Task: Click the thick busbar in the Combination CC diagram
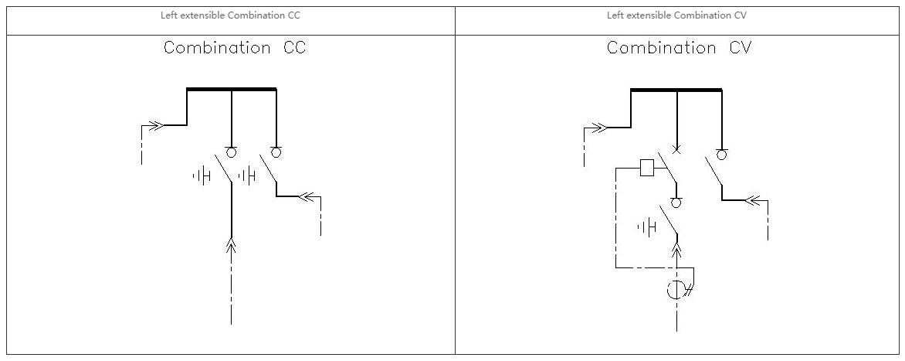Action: click(x=232, y=89)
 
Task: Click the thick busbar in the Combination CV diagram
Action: click(x=676, y=90)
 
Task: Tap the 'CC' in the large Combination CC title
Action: click(x=294, y=47)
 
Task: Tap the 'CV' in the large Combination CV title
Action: click(x=741, y=47)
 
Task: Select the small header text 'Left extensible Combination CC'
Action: click(x=230, y=15)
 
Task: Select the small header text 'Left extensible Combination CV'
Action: click(x=676, y=15)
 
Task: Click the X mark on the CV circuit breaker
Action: click(x=676, y=150)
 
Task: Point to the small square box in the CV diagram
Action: click(x=647, y=168)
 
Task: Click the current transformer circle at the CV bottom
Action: click(x=676, y=289)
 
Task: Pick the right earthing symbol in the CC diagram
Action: click(x=246, y=175)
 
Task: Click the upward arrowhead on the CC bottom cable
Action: click(x=232, y=246)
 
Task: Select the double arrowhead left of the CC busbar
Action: click(x=157, y=125)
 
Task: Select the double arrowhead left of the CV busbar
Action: click(x=600, y=128)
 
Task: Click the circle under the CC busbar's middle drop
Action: click(x=232, y=152)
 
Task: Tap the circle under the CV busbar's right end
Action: click(x=721, y=155)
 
